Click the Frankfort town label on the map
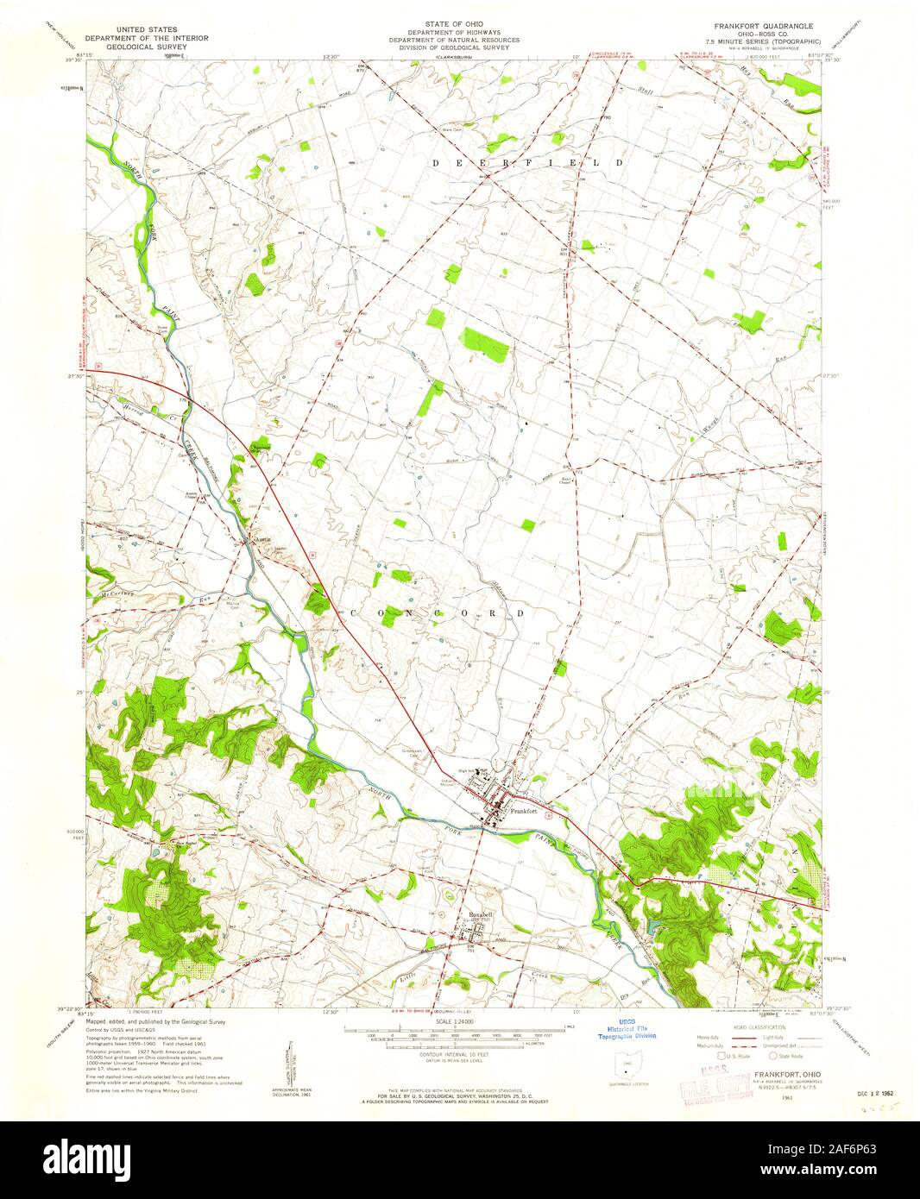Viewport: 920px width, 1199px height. (524, 811)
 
